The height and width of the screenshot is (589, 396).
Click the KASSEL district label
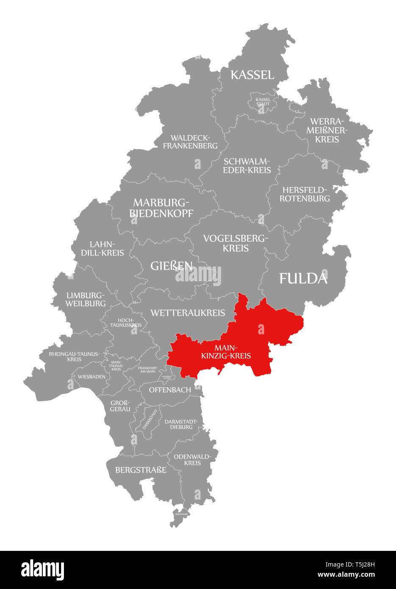(252, 75)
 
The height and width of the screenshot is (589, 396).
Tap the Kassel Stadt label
(263, 102)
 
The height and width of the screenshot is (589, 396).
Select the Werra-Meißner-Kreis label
(327, 130)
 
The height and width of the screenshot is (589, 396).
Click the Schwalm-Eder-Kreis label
(247, 166)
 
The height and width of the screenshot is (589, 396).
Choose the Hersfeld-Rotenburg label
(305, 194)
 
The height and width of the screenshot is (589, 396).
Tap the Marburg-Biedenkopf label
(161, 207)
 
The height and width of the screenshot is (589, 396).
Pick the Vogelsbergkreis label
(235, 243)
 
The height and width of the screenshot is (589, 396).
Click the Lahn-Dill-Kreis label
(107, 248)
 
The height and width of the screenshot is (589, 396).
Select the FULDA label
(303, 278)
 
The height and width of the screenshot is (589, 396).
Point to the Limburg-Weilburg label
(86, 299)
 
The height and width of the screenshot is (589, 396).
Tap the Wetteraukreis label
(188, 313)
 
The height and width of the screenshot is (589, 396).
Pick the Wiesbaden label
(91, 376)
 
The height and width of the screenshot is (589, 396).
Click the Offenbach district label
(170, 389)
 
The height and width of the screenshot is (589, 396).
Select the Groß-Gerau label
(120, 406)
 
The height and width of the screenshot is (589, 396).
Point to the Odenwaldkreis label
(192, 459)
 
